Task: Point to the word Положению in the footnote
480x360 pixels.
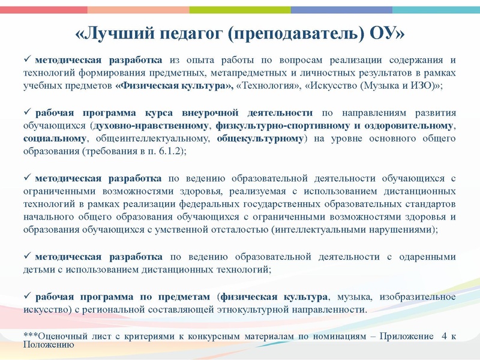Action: tap(48, 344)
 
